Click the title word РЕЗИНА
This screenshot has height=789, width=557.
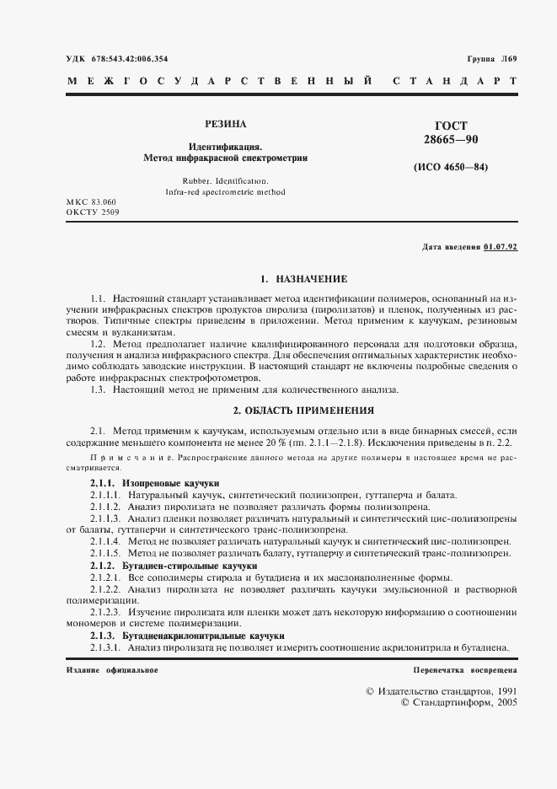coord(225,125)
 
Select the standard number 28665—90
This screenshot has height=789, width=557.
coord(451,138)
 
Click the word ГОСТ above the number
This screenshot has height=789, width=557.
coord(451,126)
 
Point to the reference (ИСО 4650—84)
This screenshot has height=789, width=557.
coord(451,167)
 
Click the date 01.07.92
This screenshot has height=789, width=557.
coord(501,247)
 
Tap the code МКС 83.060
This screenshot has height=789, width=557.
coord(91,202)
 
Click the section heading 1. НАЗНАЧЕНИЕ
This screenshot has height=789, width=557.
coord(303,278)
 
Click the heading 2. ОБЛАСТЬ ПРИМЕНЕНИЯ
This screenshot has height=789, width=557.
coord(303,411)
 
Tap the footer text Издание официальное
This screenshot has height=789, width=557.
coord(111,668)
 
